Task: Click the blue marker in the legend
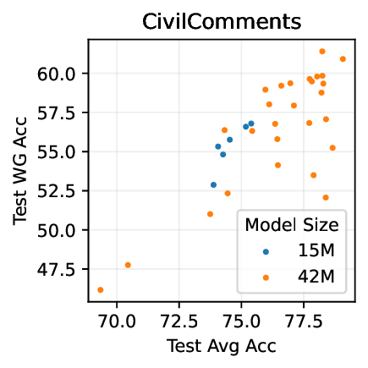266,251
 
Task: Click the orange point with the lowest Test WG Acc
101,290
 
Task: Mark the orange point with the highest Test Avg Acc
343,59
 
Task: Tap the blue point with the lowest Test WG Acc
213,184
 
